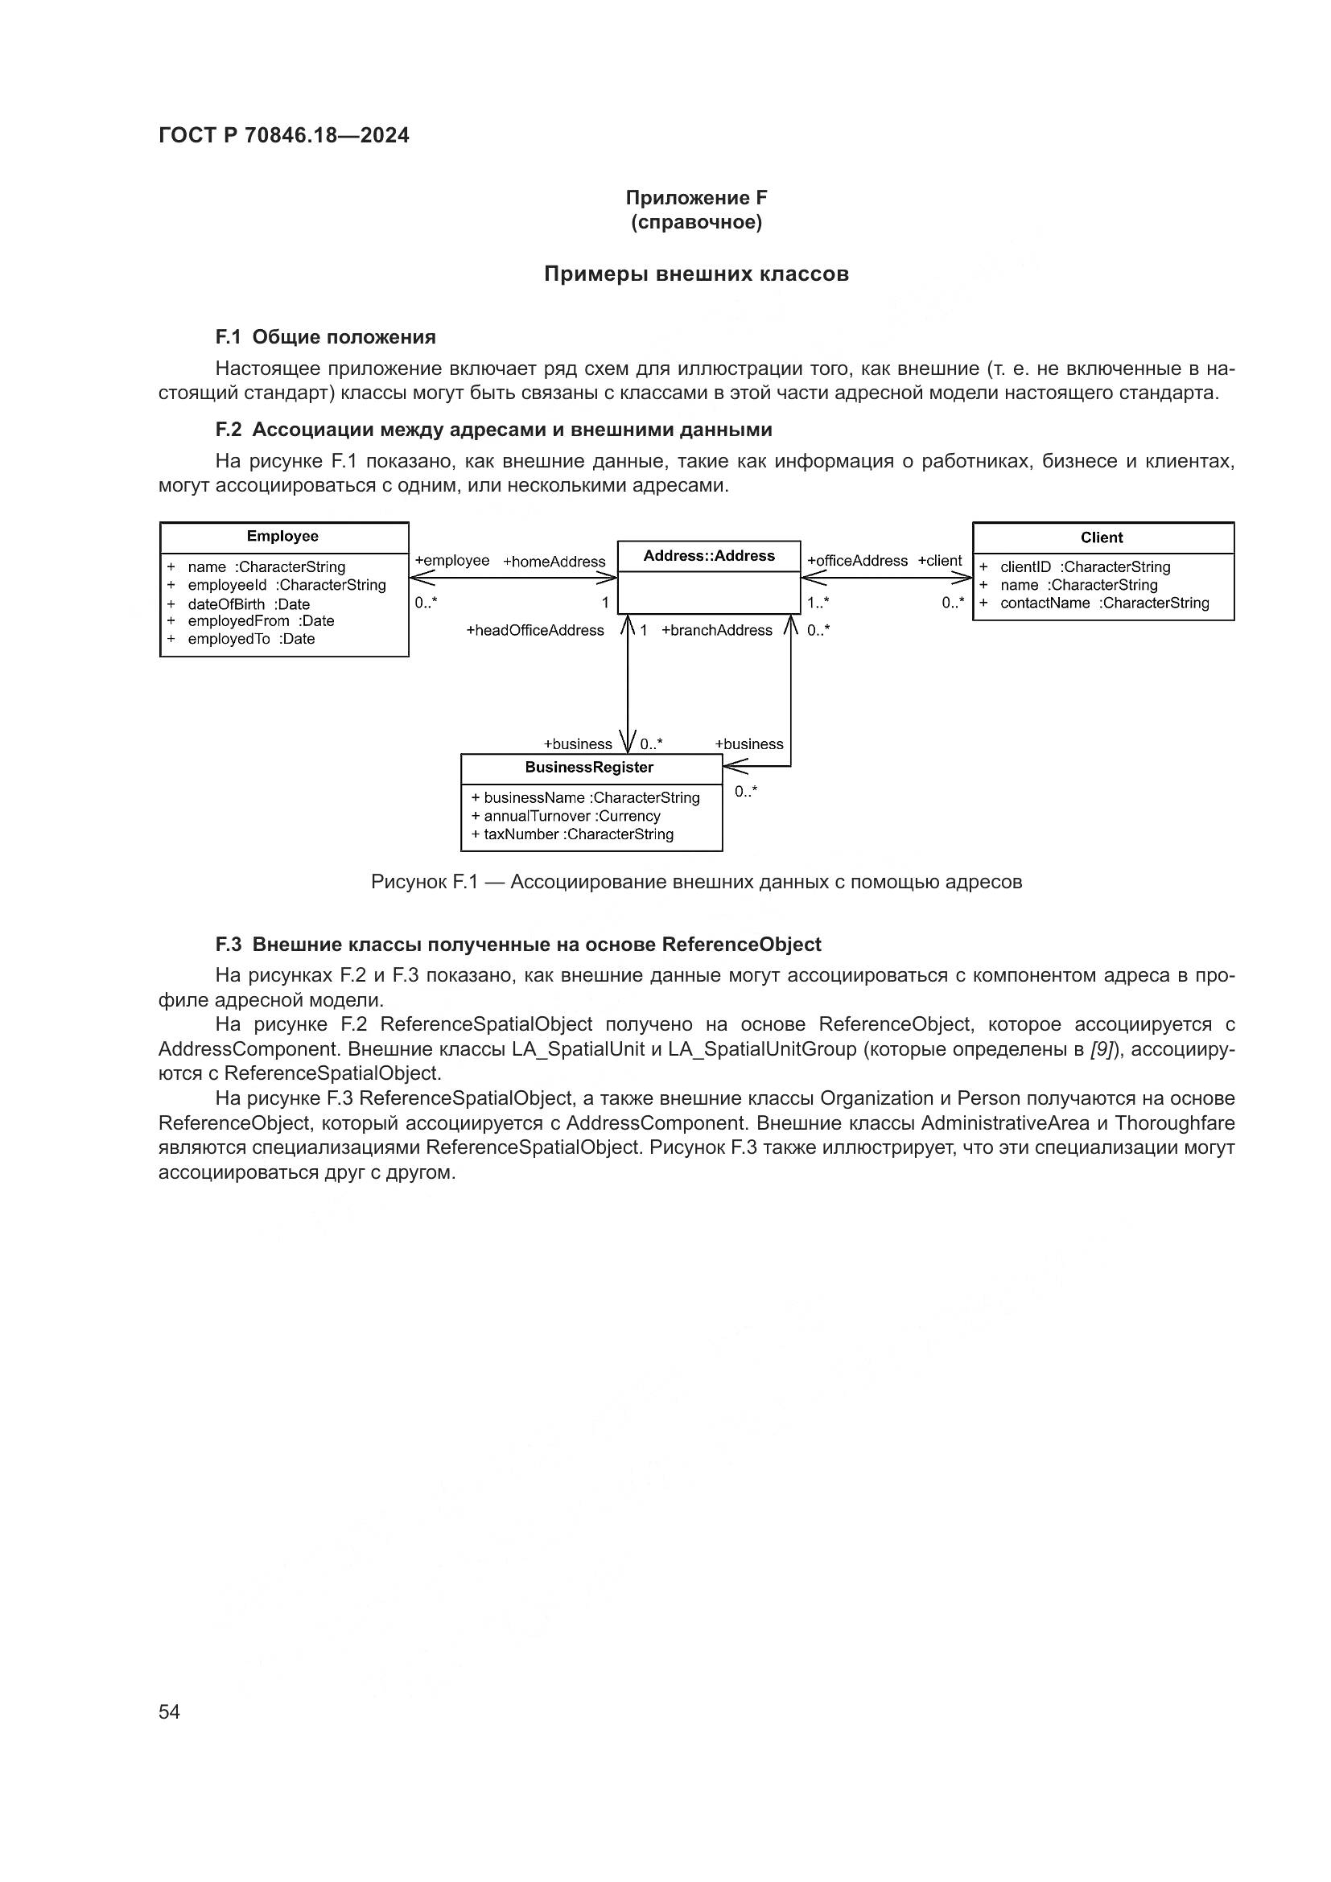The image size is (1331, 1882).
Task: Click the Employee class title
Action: click(282, 536)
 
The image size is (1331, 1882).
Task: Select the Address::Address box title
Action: click(708, 556)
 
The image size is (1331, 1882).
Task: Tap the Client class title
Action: click(1102, 537)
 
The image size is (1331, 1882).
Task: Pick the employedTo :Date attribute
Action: click(251, 640)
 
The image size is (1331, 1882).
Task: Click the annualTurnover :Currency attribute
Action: click(571, 817)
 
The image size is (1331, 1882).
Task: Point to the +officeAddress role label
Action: click(857, 561)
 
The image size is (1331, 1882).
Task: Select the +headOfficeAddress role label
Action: click(534, 630)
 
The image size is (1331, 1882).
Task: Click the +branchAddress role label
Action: click(716, 630)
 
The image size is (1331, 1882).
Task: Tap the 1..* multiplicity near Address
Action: click(817, 603)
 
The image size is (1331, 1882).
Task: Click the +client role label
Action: click(939, 561)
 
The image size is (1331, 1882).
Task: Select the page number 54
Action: click(169, 1711)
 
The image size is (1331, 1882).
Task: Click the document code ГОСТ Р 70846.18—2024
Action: click(283, 136)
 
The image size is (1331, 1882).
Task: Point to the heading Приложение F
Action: click(696, 198)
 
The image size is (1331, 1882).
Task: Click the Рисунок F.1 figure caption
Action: click(696, 882)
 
